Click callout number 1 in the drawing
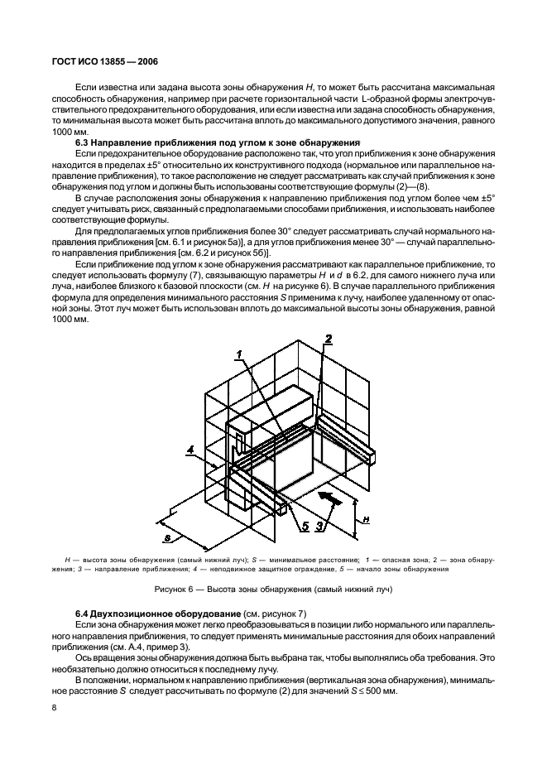pos(238,354)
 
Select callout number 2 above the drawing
pos(328,339)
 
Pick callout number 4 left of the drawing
pos(190,450)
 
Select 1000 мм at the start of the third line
pos(69,130)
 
